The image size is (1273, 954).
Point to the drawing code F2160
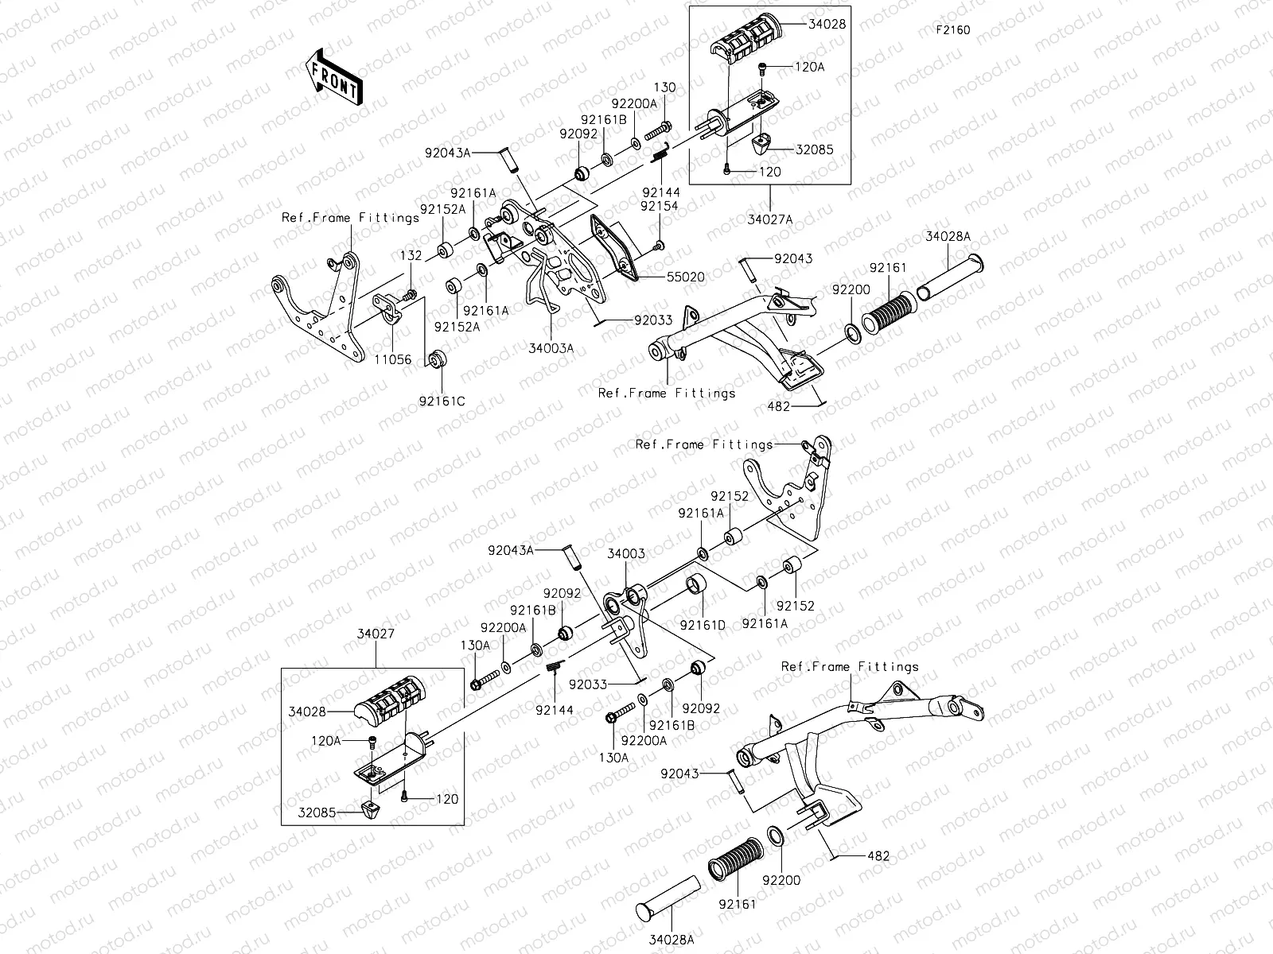[x=952, y=31]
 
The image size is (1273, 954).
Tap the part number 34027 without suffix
[x=376, y=634]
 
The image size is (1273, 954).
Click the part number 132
[x=411, y=256]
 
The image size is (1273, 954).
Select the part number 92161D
[x=703, y=624]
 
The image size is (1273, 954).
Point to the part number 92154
[x=659, y=205]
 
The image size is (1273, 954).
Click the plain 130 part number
[x=664, y=87]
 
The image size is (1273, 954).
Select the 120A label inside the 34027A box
[x=809, y=68]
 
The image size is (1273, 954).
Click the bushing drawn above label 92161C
[x=436, y=359]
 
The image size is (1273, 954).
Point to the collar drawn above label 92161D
[x=696, y=588]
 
